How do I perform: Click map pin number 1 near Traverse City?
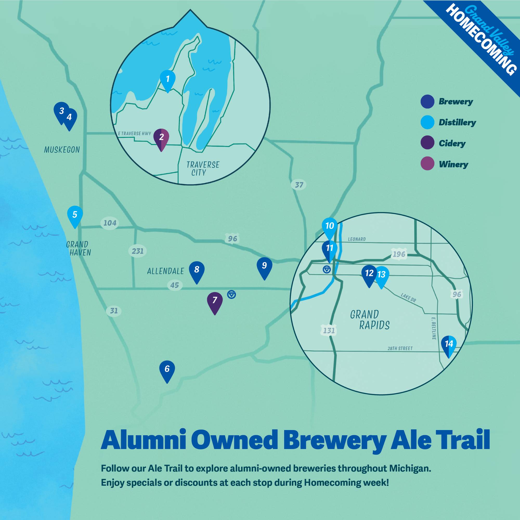(168, 80)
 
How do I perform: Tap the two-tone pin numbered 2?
(161, 138)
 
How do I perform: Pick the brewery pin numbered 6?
(167, 370)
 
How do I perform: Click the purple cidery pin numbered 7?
(214, 301)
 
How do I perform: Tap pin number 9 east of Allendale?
(264, 267)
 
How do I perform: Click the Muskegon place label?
(62, 150)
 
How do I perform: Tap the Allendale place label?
(166, 271)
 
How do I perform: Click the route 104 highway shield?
(110, 223)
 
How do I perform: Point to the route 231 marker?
(138, 251)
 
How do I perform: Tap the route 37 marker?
(299, 185)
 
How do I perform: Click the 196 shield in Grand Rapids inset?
(399, 254)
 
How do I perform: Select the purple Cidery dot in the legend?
(427, 142)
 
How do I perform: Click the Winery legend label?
(453, 164)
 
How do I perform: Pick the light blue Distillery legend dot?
(427, 122)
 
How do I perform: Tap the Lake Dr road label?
(408, 298)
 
